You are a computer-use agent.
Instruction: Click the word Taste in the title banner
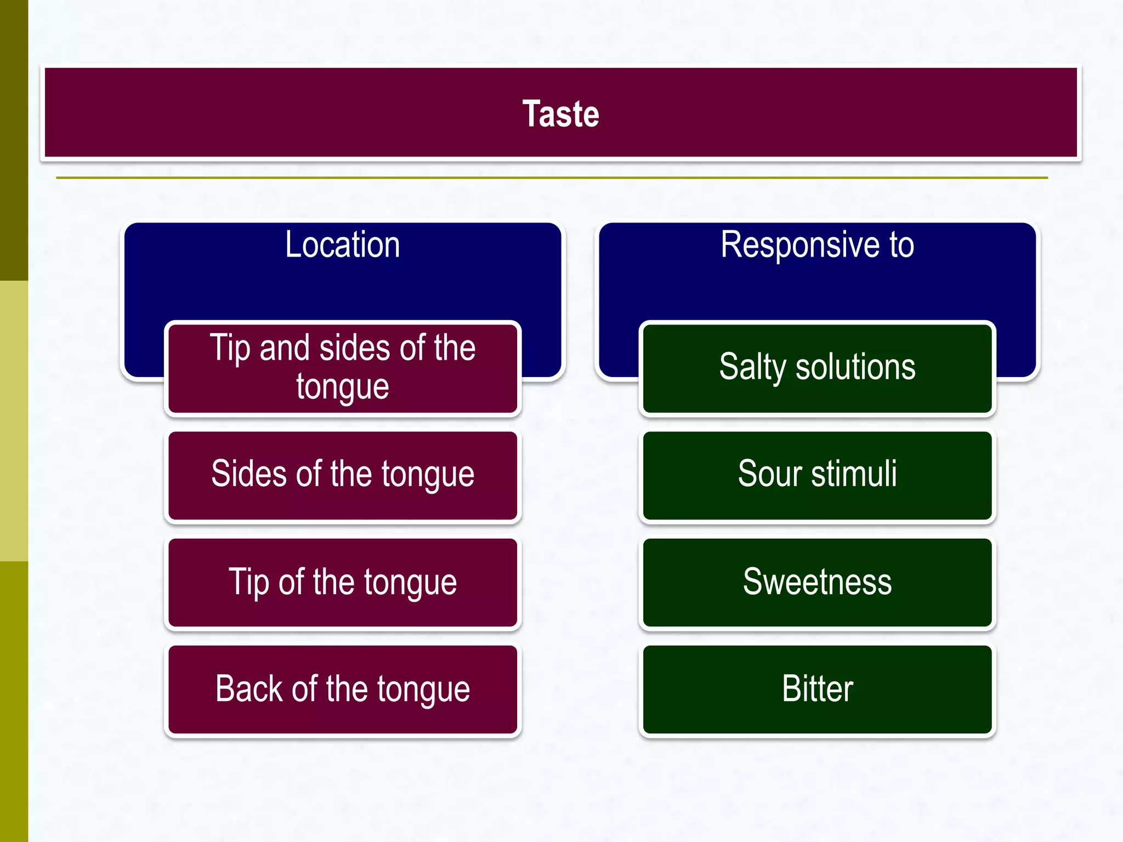(x=560, y=114)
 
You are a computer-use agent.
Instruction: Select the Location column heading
(x=342, y=244)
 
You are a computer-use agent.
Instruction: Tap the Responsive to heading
(x=817, y=244)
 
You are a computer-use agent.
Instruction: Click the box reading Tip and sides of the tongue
(x=343, y=368)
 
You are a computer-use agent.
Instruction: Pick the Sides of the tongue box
(x=343, y=475)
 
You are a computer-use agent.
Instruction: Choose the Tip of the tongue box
(x=343, y=582)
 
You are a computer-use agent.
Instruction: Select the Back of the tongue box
(x=343, y=689)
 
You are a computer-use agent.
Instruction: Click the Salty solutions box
(x=817, y=368)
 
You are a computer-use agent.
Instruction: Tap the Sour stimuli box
(x=817, y=475)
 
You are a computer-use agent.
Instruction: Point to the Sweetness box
(x=817, y=582)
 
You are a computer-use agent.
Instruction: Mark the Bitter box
(x=817, y=689)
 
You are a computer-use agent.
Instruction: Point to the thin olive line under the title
(x=552, y=178)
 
